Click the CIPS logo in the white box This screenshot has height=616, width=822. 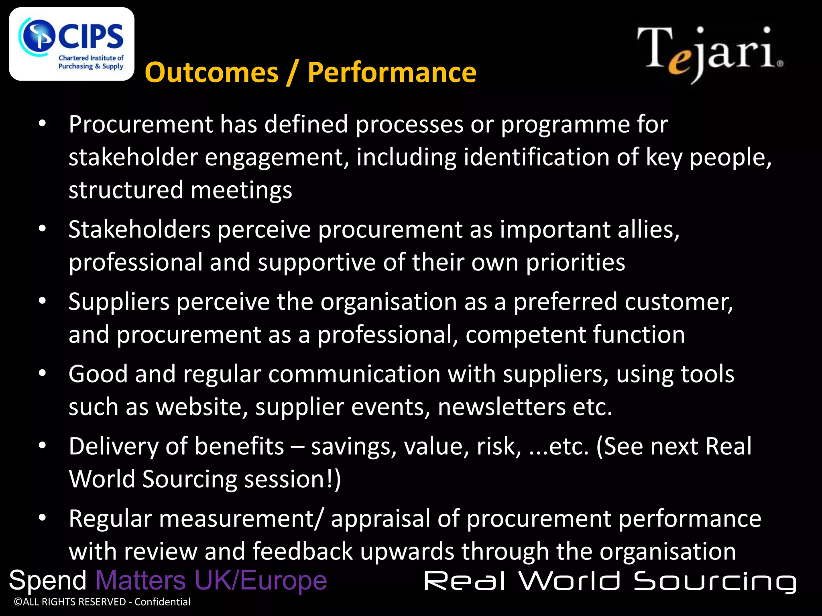[x=71, y=44]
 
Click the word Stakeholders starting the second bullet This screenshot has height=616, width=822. [x=139, y=230]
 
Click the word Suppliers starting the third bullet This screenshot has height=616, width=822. [x=119, y=302]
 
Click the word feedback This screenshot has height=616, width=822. [x=303, y=551]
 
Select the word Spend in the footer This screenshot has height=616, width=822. [x=48, y=580]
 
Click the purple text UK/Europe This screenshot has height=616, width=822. [x=260, y=580]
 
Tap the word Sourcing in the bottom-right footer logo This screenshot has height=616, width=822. [x=715, y=582]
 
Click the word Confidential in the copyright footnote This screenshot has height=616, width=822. [x=162, y=602]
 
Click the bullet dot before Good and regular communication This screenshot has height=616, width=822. [x=43, y=373]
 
